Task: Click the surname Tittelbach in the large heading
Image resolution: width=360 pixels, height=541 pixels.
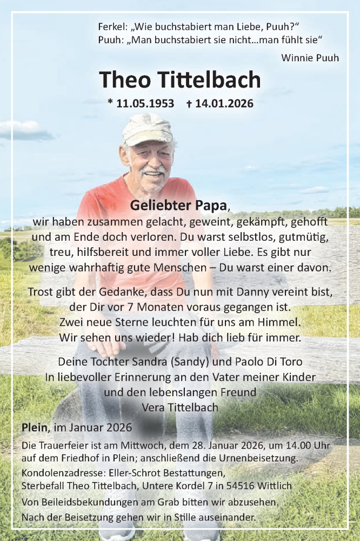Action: (210, 80)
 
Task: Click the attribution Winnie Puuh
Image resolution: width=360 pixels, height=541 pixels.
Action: (310, 57)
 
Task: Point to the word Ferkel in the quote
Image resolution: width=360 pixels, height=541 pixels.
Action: (112, 26)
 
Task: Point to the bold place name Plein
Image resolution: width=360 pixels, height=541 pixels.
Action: (34, 427)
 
